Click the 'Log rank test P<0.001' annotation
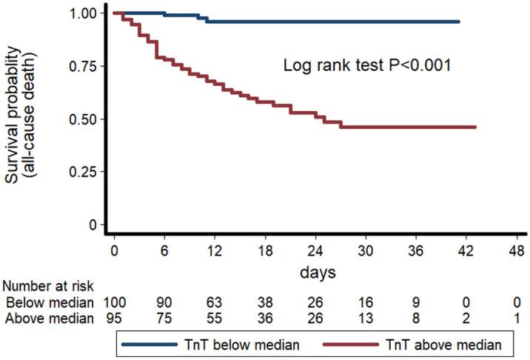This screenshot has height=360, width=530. pyautogui.click(x=368, y=65)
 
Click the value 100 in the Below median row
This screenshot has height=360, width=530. pyautogui.click(x=115, y=302)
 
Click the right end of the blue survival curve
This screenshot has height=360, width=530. pyautogui.click(x=459, y=21)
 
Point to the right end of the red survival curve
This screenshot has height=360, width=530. pyautogui.click(x=475, y=127)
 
